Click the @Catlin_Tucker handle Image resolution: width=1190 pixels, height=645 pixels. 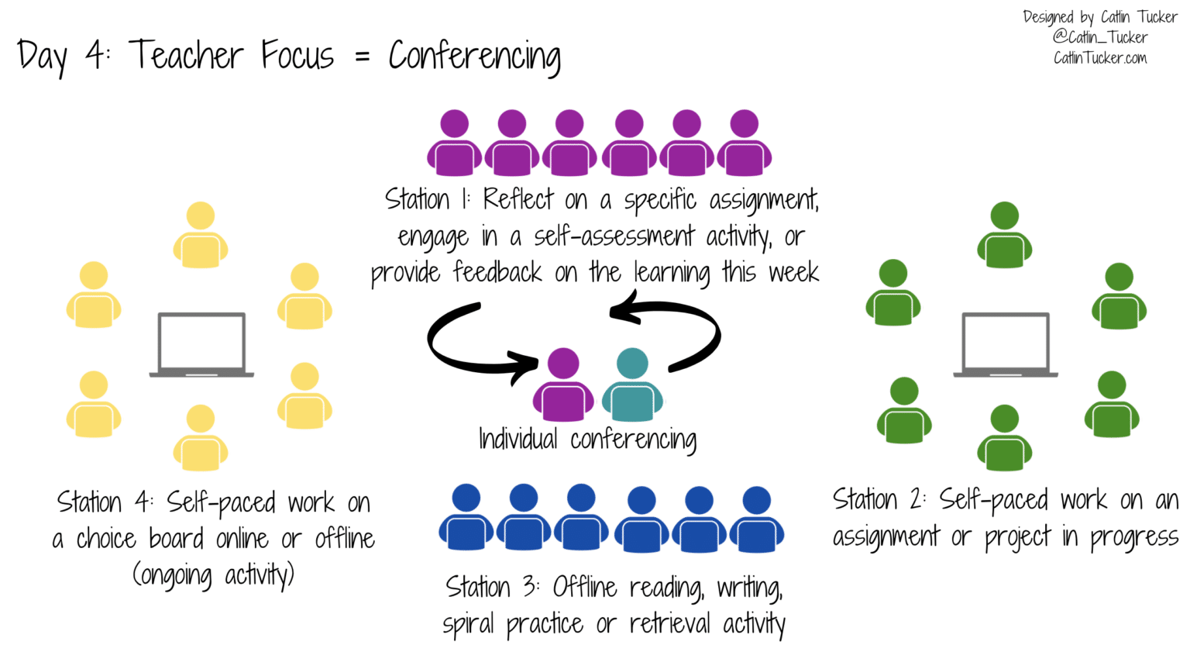1099,37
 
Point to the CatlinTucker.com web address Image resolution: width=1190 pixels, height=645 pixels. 1099,58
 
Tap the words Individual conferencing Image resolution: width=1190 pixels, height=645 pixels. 587,440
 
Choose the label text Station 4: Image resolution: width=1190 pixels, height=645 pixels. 105,503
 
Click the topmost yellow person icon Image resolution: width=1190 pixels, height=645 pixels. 201,236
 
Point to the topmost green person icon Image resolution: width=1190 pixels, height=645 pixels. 1005,236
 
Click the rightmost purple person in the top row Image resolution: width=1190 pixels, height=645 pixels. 745,143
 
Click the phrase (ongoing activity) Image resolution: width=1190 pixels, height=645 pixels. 213,576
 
